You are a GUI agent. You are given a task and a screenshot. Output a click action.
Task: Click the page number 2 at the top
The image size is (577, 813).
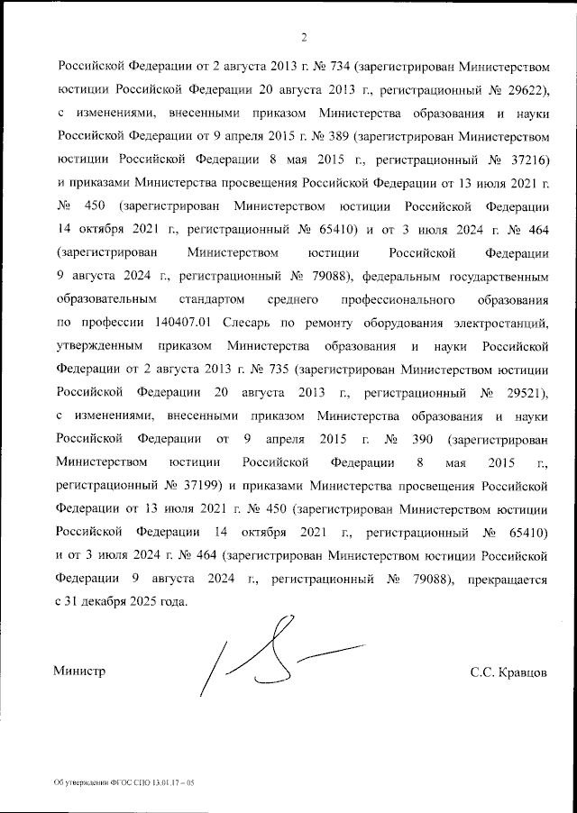point(304,38)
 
